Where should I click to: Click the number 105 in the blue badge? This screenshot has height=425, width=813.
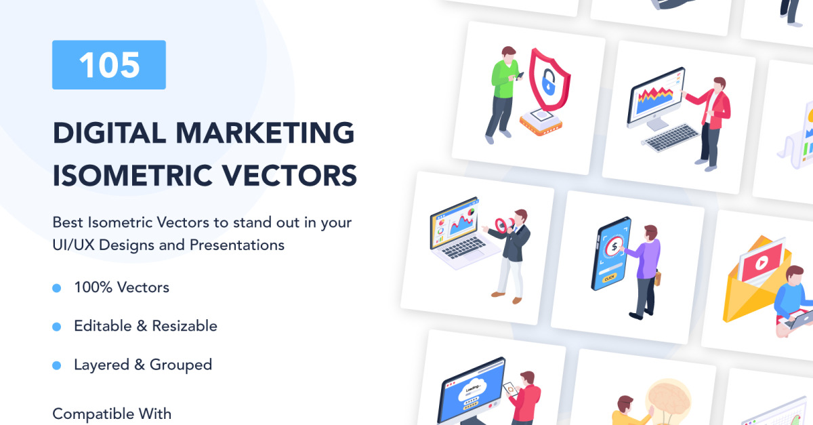click(109, 65)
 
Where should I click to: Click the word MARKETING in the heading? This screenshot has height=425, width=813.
click(265, 133)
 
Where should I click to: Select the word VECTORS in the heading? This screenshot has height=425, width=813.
click(289, 176)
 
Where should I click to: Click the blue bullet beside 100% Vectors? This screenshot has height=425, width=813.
click(57, 288)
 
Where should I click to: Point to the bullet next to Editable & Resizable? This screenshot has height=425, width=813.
click(57, 327)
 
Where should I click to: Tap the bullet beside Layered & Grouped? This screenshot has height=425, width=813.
click(57, 365)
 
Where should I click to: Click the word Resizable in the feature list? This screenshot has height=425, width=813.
click(184, 326)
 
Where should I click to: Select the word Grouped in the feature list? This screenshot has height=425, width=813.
click(181, 365)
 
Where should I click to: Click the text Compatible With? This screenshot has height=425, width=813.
click(112, 413)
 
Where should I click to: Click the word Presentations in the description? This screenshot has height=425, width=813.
click(237, 245)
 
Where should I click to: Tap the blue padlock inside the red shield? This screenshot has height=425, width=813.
click(548, 83)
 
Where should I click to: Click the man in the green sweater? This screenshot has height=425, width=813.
click(503, 94)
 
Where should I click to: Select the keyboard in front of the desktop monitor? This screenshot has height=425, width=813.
click(670, 138)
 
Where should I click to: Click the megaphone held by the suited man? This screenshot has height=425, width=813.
click(505, 225)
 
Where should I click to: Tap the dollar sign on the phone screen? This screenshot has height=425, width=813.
click(614, 247)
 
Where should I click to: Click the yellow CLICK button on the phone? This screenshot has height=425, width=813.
click(609, 278)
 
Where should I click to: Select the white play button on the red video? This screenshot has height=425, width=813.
click(762, 263)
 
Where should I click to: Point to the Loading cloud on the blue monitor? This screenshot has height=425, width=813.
click(473, 392)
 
